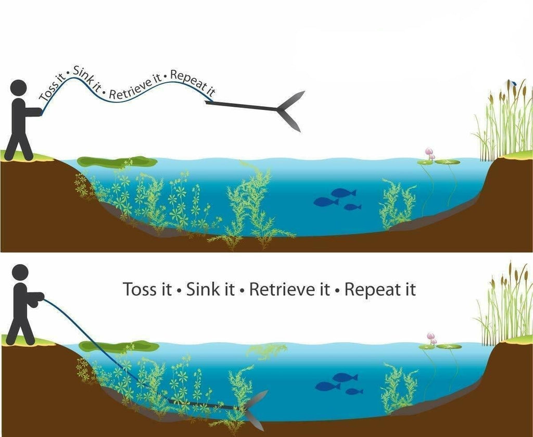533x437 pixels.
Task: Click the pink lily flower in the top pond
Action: pos(429,153)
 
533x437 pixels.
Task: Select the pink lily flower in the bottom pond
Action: pos(431,338)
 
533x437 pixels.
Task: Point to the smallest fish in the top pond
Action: pos(352,207)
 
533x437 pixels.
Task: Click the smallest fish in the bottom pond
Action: pos(354,391)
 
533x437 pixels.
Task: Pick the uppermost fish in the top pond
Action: pos(344,193)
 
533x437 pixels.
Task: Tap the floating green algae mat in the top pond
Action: pos(117,162)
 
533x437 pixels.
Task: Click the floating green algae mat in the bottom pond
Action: pos(119,346)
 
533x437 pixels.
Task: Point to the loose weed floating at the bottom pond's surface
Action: pos(266,351)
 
